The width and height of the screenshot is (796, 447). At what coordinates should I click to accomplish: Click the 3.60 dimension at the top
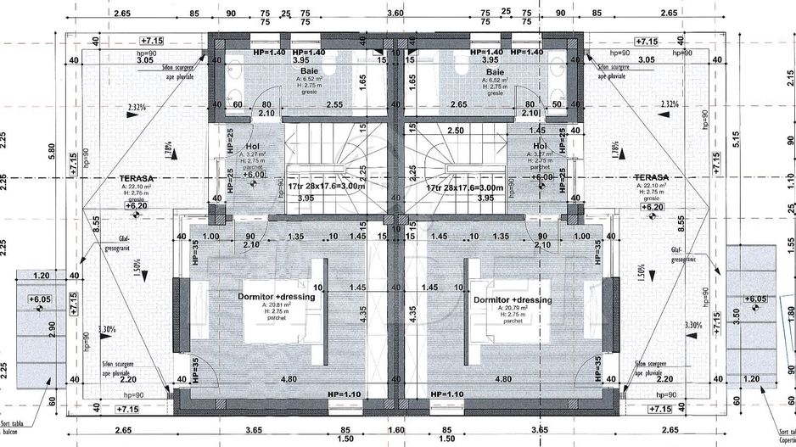pyautogui.click(x=395, y=14)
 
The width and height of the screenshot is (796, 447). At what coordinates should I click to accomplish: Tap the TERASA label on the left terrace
pyautogui.click(x=137, y=178)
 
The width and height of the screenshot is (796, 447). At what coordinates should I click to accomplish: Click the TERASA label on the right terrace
pyautogui.click(x=652, y=178)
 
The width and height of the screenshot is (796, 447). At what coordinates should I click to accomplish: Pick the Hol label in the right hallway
pyautogui.click(x=539, y=145)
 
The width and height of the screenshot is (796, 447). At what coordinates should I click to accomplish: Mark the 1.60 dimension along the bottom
pyautogui.click(x=395, y=431)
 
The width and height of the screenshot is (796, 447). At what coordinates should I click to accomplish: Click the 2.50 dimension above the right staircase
pyautogui.click(x=455, y=131)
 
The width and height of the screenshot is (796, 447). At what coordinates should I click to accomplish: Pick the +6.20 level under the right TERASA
pyautogui.click(x=652, y=206)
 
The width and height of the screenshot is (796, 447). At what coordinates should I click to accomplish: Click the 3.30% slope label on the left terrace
pyautogui.click(x=108, y=328)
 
